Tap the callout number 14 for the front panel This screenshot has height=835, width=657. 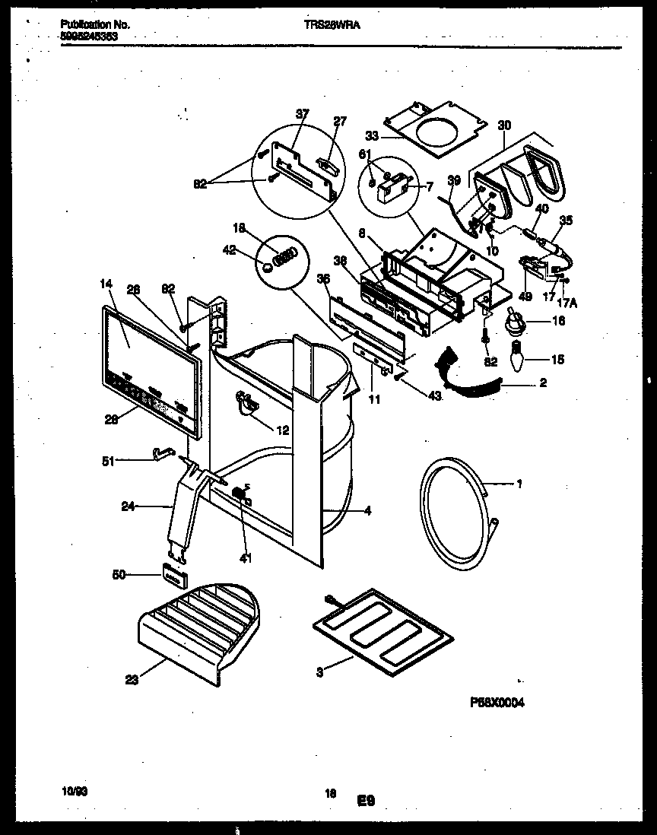[105, 284]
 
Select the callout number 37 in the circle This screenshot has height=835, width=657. [303, 114]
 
